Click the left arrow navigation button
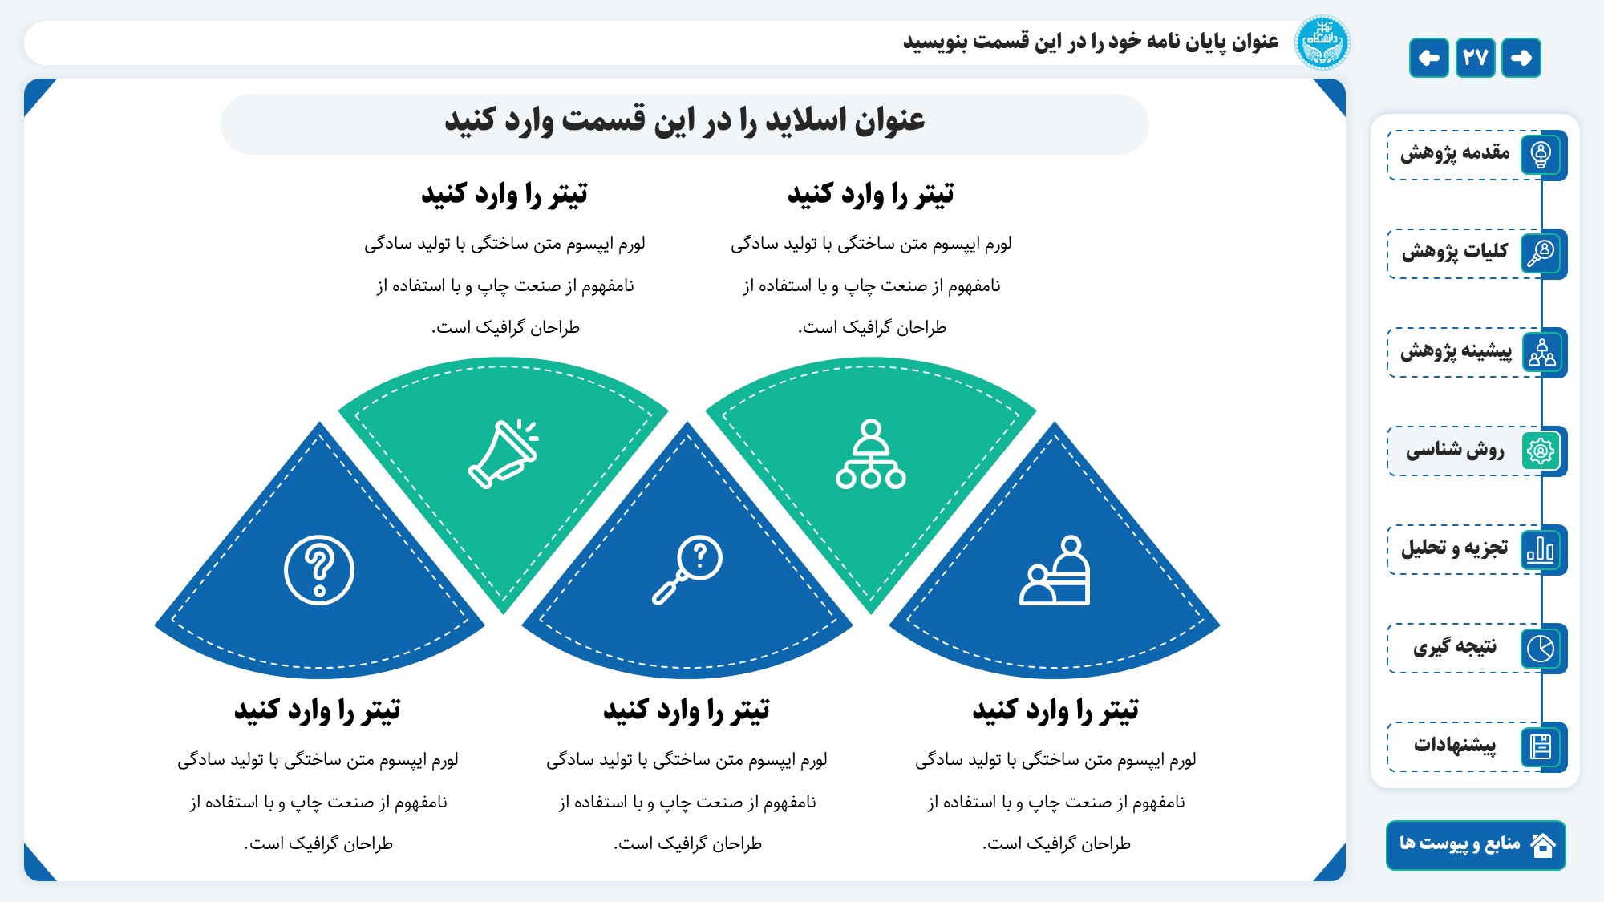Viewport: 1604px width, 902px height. click(x=1428, y=58)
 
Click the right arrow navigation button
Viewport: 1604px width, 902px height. click(x=1521, y=58)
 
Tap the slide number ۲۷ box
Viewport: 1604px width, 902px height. click(x=1475, y=58)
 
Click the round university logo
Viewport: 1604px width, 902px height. click(x=1322, y=42)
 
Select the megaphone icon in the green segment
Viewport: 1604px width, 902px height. click(x=504, y=454)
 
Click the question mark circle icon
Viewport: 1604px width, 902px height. click(x=319, y=570)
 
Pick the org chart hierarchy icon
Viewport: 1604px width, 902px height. click(x=871, y=454)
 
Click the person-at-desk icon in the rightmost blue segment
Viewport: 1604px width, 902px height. click(x=1055, y=570)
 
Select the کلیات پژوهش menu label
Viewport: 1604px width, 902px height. click(x=1455, y=252)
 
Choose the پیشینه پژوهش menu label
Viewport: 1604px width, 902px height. click(x=1456, y=351)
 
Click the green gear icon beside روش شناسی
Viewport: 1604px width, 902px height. click(x=1541, y=451)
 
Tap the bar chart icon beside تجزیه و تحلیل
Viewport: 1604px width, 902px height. click(x=1541, y=549)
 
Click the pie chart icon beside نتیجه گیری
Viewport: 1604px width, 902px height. click(x=1541, y=648)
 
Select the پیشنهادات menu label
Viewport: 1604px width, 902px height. click(x=1455, y=745)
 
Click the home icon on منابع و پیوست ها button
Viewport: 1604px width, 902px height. click(x=1543, y=845)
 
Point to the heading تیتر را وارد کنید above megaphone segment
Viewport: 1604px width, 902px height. click(x=504, y=195)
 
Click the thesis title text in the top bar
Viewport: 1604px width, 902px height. click(x=1091, y=42)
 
